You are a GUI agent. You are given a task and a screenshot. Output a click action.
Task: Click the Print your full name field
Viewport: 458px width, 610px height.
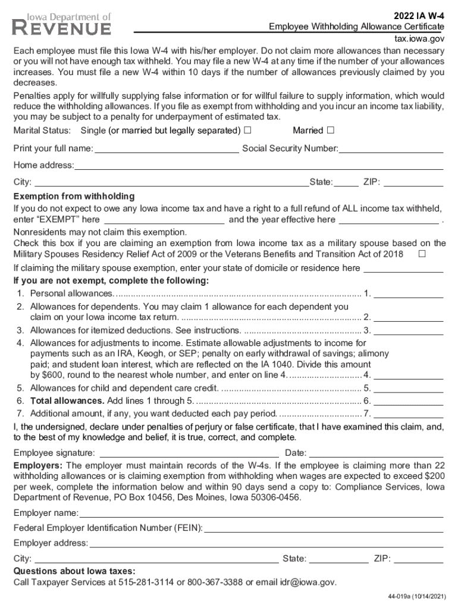coord(167,148)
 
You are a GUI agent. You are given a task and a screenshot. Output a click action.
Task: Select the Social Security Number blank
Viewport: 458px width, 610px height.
coord(391,148)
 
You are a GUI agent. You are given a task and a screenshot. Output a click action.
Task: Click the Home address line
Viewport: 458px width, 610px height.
coord(259,165)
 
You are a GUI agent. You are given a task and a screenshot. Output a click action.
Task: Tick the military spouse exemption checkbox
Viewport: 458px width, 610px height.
coord(422,254)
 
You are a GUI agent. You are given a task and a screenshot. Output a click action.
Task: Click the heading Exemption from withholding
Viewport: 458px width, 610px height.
coord(74,197)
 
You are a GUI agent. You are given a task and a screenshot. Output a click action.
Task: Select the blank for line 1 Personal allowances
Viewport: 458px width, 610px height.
coord(408,293)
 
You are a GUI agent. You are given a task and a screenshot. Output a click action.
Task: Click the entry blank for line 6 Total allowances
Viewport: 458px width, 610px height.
coord(408,401)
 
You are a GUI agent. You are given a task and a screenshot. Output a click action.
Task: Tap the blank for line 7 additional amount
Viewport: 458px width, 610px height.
coord(408,413)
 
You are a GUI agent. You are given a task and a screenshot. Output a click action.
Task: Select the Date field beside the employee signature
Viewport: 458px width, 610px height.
coord(376,453)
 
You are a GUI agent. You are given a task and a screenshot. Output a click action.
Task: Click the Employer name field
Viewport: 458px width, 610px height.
coord(261,513)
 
